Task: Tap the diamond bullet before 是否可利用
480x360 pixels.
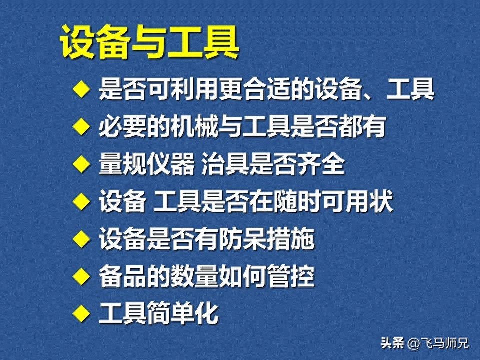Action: click(x=81, y=89)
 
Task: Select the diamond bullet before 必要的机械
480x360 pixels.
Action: click(x=81, y=126)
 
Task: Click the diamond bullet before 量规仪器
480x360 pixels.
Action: click(x=81, y=164)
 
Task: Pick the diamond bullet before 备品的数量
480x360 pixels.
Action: click(x=81, y=276)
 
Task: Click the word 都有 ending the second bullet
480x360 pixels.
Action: click(x=362, y=126)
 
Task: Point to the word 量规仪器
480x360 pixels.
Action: click(x=147, y=164)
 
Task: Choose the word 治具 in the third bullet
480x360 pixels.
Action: click(x=225, y=164)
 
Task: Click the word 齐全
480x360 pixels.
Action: click(x=321, y=164)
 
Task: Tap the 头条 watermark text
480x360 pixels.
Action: click(x=392, y=343)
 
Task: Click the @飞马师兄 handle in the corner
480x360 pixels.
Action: click(x=438, y=343)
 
